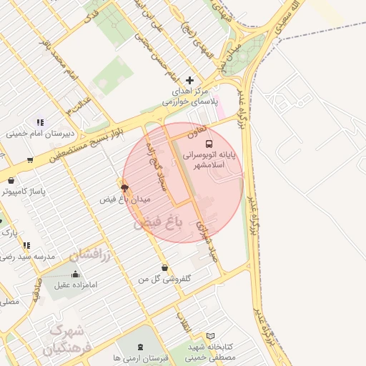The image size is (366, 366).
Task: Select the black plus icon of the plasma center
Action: (189, 80)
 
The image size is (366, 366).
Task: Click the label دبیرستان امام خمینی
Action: (37, 133)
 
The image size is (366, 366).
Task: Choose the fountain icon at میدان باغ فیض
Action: (126, 187)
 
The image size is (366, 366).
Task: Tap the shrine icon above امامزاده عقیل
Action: (76, 274)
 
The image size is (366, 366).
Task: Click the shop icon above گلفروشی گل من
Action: (165, 268)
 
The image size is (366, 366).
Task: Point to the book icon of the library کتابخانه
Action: (209, 335)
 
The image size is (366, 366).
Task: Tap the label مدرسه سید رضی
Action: (29, 255)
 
